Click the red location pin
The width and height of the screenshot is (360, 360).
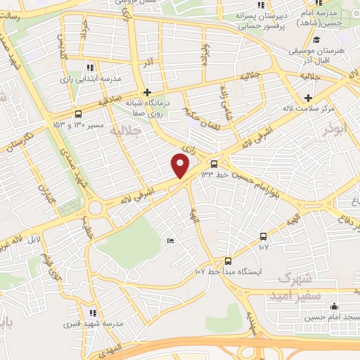[x=181, y=166]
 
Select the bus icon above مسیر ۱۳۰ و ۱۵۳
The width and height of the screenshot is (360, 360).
[x=77, y=114]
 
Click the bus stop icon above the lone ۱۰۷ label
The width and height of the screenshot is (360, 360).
[x=263, y=236]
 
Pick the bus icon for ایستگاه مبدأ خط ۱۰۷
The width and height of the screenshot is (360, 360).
[x=227, y=261]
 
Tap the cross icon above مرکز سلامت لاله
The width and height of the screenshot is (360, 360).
[x=307, y=97]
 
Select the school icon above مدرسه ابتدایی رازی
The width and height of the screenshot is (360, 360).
[x=89, y=68]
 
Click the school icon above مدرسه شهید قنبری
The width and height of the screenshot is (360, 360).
[x=93, y=313]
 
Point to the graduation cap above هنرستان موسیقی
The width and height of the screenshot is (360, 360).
[x=316, y=41]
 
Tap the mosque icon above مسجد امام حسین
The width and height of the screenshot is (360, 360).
[x=334, y=307]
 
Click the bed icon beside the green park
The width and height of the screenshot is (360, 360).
[x=171, y=243]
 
